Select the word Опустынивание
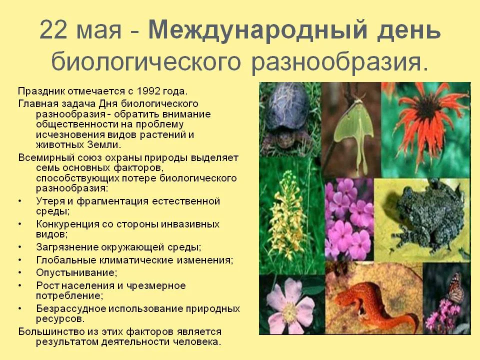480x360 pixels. click(x=76, y=272)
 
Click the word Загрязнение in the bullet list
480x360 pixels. click(x=68, y=247)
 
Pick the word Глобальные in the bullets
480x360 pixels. click(x=67, y=260)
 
